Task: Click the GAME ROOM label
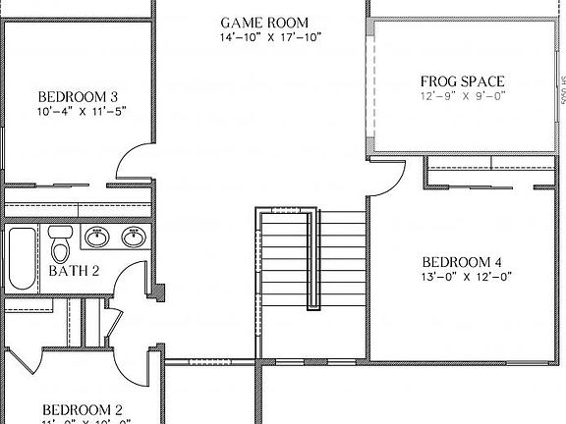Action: tap(263, 22)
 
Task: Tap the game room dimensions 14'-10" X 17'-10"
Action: tap(270, 38)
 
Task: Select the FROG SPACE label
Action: tap(462, 80)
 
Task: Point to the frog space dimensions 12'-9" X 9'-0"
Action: tap(462, 96)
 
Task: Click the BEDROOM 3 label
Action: tap(79, 96)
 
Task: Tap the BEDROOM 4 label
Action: tap(462, 262)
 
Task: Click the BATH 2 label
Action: tap(74, 271)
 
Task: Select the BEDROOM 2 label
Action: tap(82, 409)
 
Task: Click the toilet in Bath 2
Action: tap(61, 240)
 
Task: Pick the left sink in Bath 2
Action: tap(96, 237)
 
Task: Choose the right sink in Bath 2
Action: tap(133, 237)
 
